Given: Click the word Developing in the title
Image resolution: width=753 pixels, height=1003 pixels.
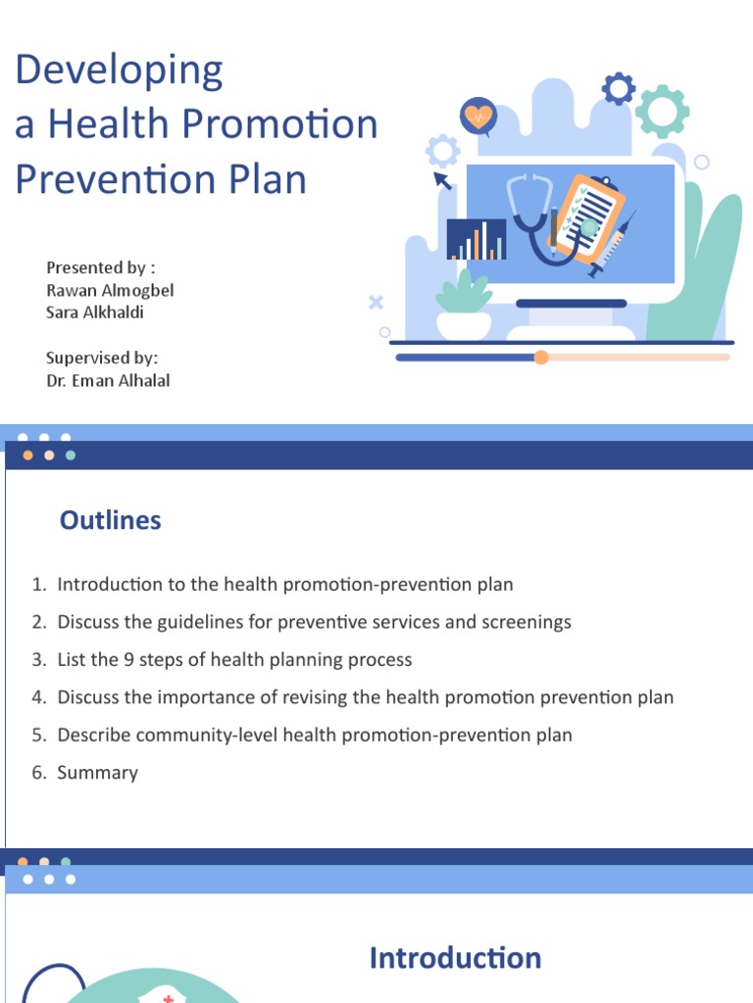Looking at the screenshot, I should tap(119, 72).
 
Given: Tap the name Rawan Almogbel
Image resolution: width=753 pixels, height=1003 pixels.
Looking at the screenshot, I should tap(110, 290).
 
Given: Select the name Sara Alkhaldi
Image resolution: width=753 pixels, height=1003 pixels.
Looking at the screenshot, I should tap(95, 312).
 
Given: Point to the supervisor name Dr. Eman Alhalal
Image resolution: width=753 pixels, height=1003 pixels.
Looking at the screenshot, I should tap(108, 380).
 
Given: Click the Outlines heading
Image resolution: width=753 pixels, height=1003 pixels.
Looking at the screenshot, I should tap(110, 520).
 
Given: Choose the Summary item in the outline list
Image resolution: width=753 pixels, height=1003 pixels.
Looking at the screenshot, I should tap(97, 773).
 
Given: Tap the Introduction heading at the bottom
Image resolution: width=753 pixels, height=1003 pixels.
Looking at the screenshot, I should tap(455, 958).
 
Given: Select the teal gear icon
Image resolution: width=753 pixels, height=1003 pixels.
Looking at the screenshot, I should tap(662, 111).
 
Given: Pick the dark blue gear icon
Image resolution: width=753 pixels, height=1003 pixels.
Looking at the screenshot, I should tap(618, 89).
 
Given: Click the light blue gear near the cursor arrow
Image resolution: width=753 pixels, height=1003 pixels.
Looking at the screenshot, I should tap(442, 151).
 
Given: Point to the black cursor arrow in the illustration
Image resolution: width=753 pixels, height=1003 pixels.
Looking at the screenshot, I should tap(442, 180).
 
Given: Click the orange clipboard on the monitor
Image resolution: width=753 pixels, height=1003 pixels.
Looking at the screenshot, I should tap(588, 217).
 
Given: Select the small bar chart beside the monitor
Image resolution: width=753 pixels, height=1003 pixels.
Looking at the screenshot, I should tap(477, 240).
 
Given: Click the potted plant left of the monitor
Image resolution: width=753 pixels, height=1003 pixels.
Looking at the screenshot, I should tap(463, 306).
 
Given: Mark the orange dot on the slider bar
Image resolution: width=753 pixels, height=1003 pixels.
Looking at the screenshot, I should tap(541, 358).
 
